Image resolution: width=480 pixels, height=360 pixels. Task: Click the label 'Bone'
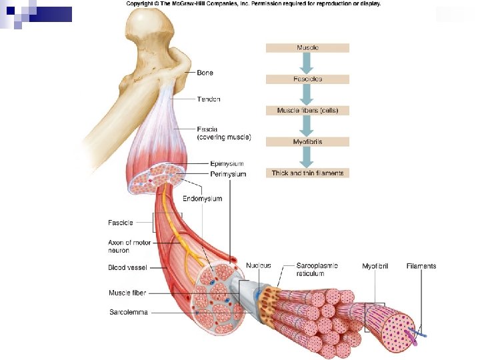(205, 73)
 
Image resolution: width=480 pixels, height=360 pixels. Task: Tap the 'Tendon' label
(209, 99)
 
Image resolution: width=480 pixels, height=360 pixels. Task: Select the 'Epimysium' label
(227, 163)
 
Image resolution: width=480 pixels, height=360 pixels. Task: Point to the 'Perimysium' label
(229, 174)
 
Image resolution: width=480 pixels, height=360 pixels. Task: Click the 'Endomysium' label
(203, 199)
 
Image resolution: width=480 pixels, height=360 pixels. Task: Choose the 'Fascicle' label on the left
(121, 222)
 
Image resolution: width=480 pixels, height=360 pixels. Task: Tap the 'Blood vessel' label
(127, 267)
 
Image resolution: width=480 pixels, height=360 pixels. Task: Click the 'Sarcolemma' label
(128, 312)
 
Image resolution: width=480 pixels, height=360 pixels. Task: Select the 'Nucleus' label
(259, 265)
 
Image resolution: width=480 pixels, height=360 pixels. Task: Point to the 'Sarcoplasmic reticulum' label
(317, 269)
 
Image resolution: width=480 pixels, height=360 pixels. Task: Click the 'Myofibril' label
(375, 266)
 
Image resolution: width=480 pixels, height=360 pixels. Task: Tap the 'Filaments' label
(421, 266)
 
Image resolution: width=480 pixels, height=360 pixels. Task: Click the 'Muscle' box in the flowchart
(307, 48)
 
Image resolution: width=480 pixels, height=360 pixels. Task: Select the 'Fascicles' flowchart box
(307, 79)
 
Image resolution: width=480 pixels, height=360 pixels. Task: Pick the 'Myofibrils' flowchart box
(307, 141)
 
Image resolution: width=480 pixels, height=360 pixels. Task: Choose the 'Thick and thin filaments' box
(307, 173)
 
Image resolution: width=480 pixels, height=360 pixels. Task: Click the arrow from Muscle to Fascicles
(307, 63)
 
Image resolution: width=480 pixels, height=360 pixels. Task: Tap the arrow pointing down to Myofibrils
(307, 125)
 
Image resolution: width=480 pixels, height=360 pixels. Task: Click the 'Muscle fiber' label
(127, 293)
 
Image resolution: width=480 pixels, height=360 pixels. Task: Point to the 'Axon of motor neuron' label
(129, 246)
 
